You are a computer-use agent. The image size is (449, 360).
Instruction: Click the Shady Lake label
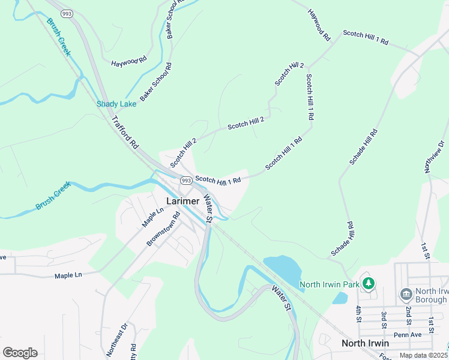click(x=116, y=104)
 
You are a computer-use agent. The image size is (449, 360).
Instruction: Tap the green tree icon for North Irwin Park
click(x=370, y=283)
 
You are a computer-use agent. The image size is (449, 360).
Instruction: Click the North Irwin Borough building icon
click(x=405, y=295)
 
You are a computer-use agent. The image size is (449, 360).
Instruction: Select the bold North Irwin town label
click(x=365, y=343)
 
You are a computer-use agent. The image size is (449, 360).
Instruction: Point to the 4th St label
click(x=358, y=314)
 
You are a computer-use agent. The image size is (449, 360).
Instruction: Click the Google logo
click(x=20, y=352)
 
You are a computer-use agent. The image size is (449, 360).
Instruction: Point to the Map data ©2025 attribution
click(x=423, y=355)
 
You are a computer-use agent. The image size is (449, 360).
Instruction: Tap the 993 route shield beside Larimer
click(x=185, y=180)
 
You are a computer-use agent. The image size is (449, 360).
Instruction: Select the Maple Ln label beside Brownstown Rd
click(x=152, y=217)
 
